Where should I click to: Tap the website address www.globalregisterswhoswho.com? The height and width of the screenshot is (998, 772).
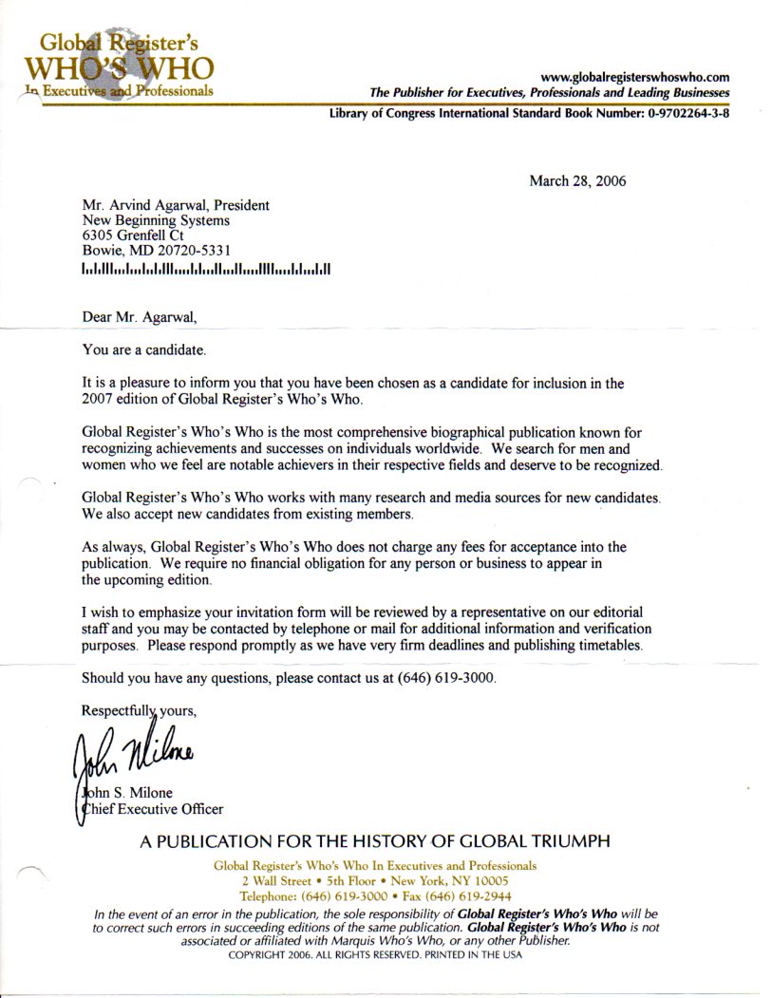(634, 77)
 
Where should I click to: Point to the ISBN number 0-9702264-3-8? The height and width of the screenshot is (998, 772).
(680, 113)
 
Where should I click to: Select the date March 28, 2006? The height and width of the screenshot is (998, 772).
(577, 180)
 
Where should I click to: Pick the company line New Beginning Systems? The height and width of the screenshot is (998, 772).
(156, 220)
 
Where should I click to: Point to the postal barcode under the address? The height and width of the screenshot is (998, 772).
(205, 269)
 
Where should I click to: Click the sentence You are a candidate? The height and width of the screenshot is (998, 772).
(143, 350)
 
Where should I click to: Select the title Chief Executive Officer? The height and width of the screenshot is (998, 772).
(152, 809)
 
